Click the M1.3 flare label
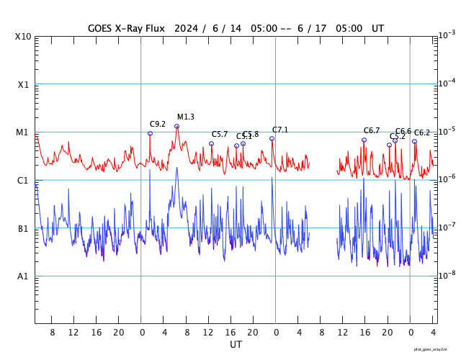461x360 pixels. coord(186,117)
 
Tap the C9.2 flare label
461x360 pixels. coord(158,124)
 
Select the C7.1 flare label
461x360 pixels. coord(280,130)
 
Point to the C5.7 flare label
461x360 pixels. coord(220,134)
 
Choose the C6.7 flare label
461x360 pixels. coord(372,130)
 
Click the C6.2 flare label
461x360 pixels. coord(422,132)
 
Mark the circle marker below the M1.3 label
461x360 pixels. coord(177,127)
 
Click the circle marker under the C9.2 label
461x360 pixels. coord(150,133)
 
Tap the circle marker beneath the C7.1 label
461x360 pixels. coord(272,138)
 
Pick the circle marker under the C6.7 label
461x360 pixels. coord(364,140)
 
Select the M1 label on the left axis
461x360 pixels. coord(23,132)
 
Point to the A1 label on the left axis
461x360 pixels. coord(23,276)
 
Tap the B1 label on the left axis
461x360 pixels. coord(23,229)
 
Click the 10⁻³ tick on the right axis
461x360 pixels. coord(447,35)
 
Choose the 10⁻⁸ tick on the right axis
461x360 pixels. coord(447,275)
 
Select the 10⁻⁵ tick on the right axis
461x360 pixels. coord(447,131)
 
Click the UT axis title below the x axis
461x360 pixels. coord(236,345)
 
